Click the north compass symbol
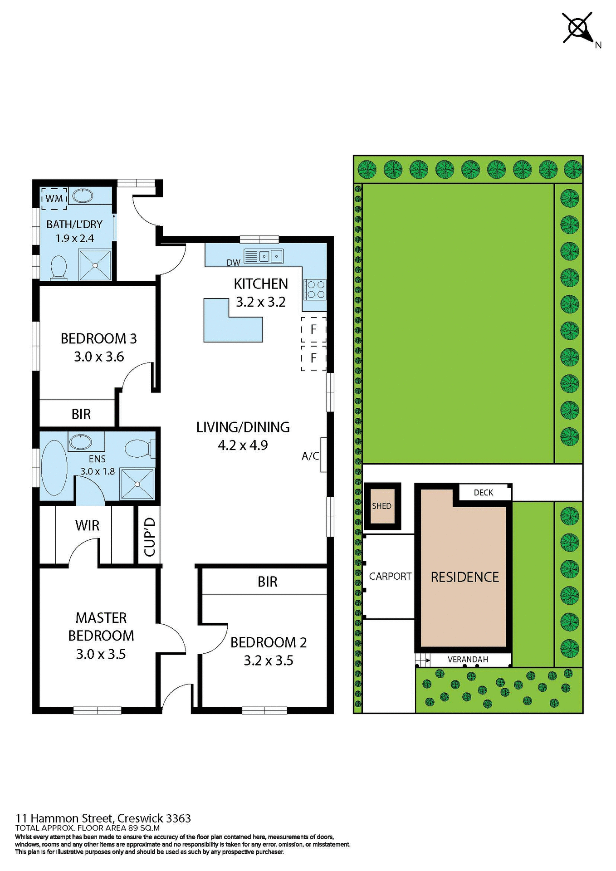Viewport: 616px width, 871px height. click(x=578, y=28)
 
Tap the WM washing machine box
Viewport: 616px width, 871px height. click(x=54, y=199)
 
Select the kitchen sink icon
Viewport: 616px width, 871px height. click(x=264, y=256)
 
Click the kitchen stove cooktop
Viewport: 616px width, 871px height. click(x=314, y=289)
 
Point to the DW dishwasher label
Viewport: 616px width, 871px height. click(x=233, y=263)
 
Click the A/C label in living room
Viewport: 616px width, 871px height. click(x=310, y=456)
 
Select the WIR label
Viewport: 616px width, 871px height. click(x=87, y=525)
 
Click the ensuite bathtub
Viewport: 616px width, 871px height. click(x=54, y=467)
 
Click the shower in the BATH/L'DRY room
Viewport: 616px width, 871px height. click(x=95, y=265)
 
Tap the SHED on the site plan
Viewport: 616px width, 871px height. click(x=382, y=506)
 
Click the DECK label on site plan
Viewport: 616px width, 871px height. click(x=483, y=493)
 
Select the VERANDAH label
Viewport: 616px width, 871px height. click(x=468, y=660)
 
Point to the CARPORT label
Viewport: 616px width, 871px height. click(x=390, y=576)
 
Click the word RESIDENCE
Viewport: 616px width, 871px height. click(x=464, y=577)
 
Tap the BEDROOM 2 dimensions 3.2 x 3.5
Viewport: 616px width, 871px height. click(x=268, y=661)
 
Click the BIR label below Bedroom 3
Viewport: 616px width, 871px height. click(x=81, y=414)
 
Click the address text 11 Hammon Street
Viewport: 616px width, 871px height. click(x=64, y=818)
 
